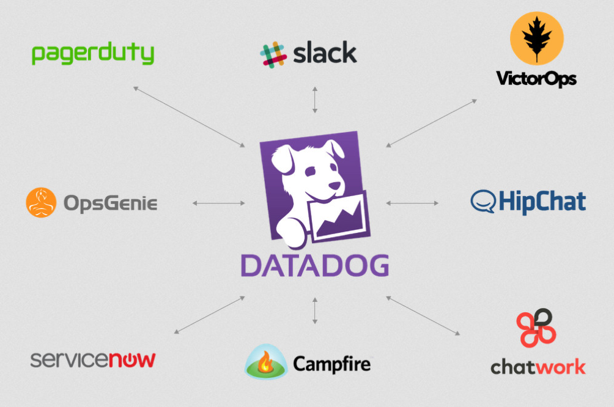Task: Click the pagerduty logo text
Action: (x=92, y=54)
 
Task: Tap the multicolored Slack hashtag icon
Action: (x=273, y=54)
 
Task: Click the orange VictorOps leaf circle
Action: (x=536, y=38)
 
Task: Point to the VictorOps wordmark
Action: (x=536, y=79)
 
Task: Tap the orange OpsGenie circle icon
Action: (x=41, y=202)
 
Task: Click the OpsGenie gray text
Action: (x=109, y=203)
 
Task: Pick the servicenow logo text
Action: (x=92, y=359)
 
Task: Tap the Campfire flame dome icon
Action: (x=265, y=363)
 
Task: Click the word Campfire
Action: (x=331, y=364)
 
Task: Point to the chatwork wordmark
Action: (x=538, y=367)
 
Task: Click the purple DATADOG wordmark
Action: (x=314, y=266)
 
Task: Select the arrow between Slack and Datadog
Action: (x=315, y=100)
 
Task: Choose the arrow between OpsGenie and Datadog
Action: (x=218, y=203)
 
